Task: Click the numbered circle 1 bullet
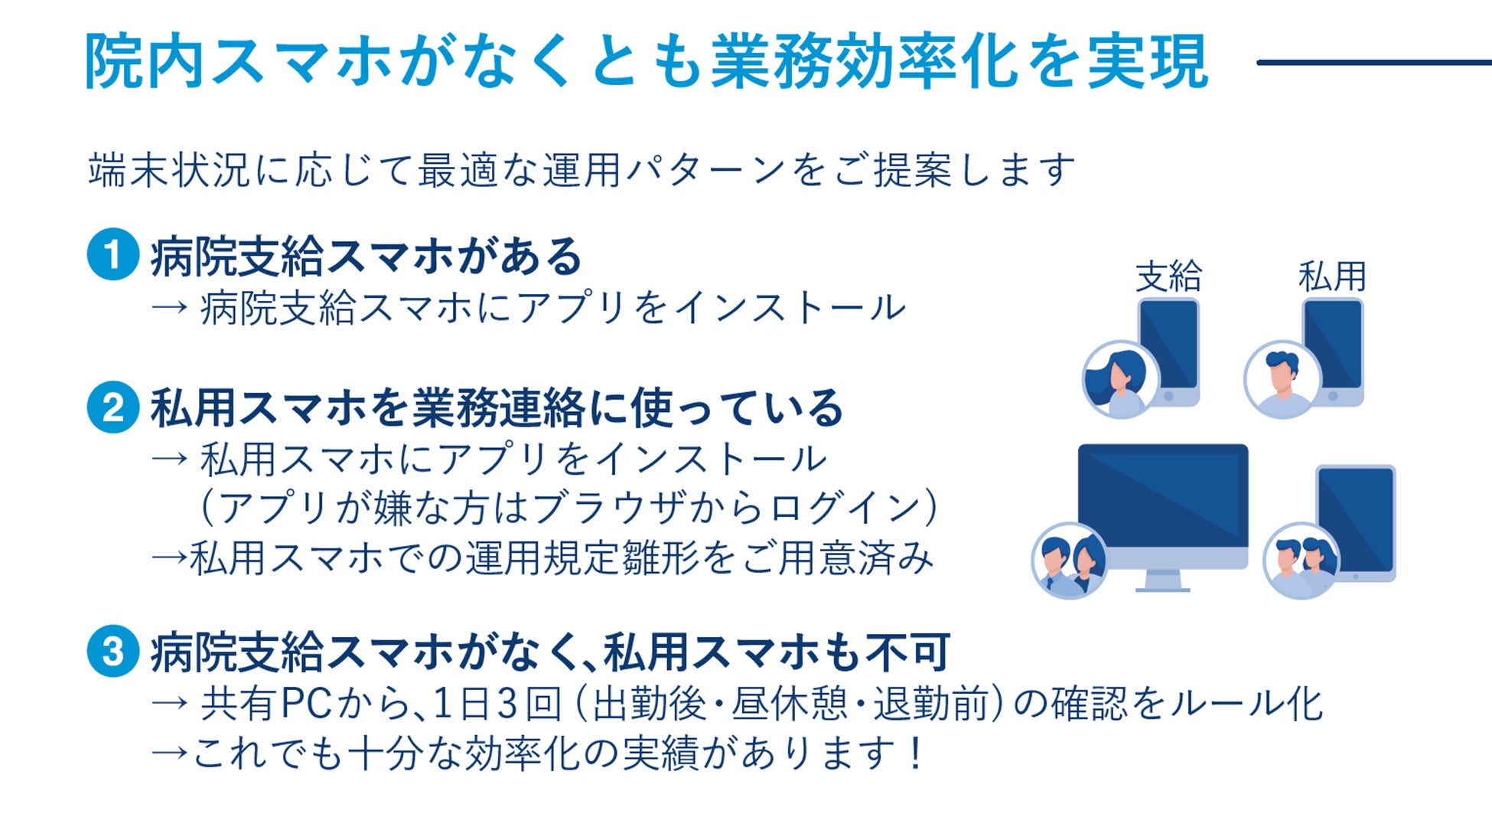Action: pos(112,255)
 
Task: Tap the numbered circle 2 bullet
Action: pos(112,407)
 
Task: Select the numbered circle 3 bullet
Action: pos(112,652)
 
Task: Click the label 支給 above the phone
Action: pos(1168,276)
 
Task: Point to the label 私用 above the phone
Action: pos(1332,276)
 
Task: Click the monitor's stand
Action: pos(1162,583)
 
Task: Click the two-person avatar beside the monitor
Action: pos(1069,561)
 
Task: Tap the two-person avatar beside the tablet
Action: pos(1301,561)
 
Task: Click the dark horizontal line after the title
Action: pos(1373,62)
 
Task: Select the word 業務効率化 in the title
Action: pos(865,62)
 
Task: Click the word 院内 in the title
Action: pos(145,62)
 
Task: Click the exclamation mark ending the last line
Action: pos(914,754)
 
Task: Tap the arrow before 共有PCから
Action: pos(169,704)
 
